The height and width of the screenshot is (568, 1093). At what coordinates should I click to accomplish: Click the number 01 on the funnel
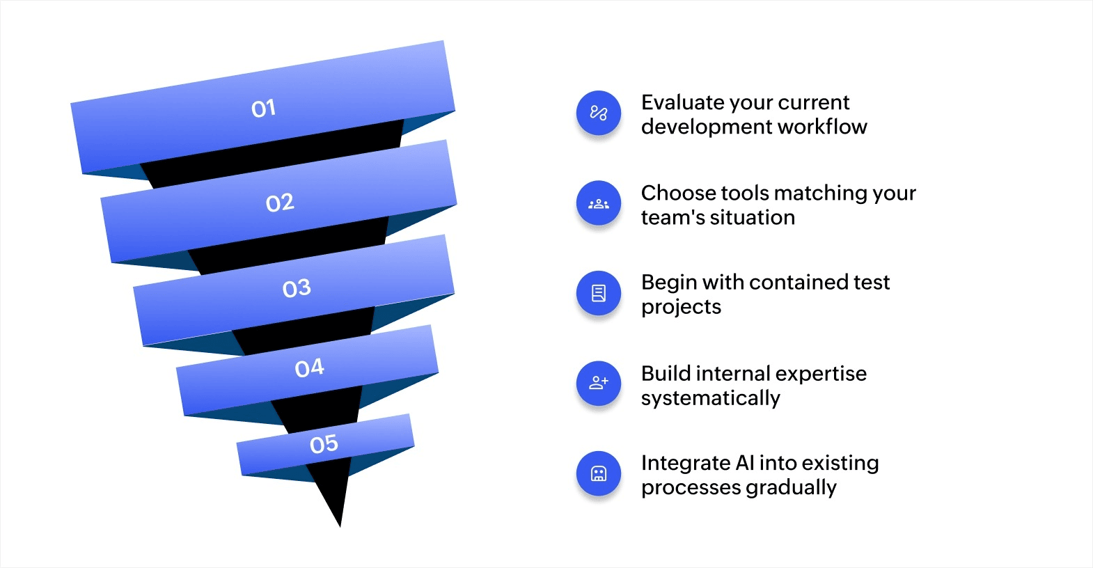(264, 109)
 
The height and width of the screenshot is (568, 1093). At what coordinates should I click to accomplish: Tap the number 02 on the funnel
(280, 203)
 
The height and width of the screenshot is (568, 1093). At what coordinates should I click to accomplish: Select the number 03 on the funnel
(297, 288)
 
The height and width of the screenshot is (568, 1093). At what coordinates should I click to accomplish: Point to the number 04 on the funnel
(310, 368)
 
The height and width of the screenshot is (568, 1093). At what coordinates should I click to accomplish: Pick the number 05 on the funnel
(324, 444)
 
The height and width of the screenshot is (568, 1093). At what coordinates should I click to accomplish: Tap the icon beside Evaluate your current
(598, 113)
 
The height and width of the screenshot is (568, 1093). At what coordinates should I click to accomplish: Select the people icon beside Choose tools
(598, 203)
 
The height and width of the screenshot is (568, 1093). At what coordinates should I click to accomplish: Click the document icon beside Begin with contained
(598, 293)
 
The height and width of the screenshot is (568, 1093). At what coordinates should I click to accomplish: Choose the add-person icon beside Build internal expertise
(598, 383)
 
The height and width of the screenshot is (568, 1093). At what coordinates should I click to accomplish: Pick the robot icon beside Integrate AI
(598, 473)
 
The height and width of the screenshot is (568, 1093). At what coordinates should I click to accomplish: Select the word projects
(681, 307)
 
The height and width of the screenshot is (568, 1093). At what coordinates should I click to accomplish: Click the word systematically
(710, 398)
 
